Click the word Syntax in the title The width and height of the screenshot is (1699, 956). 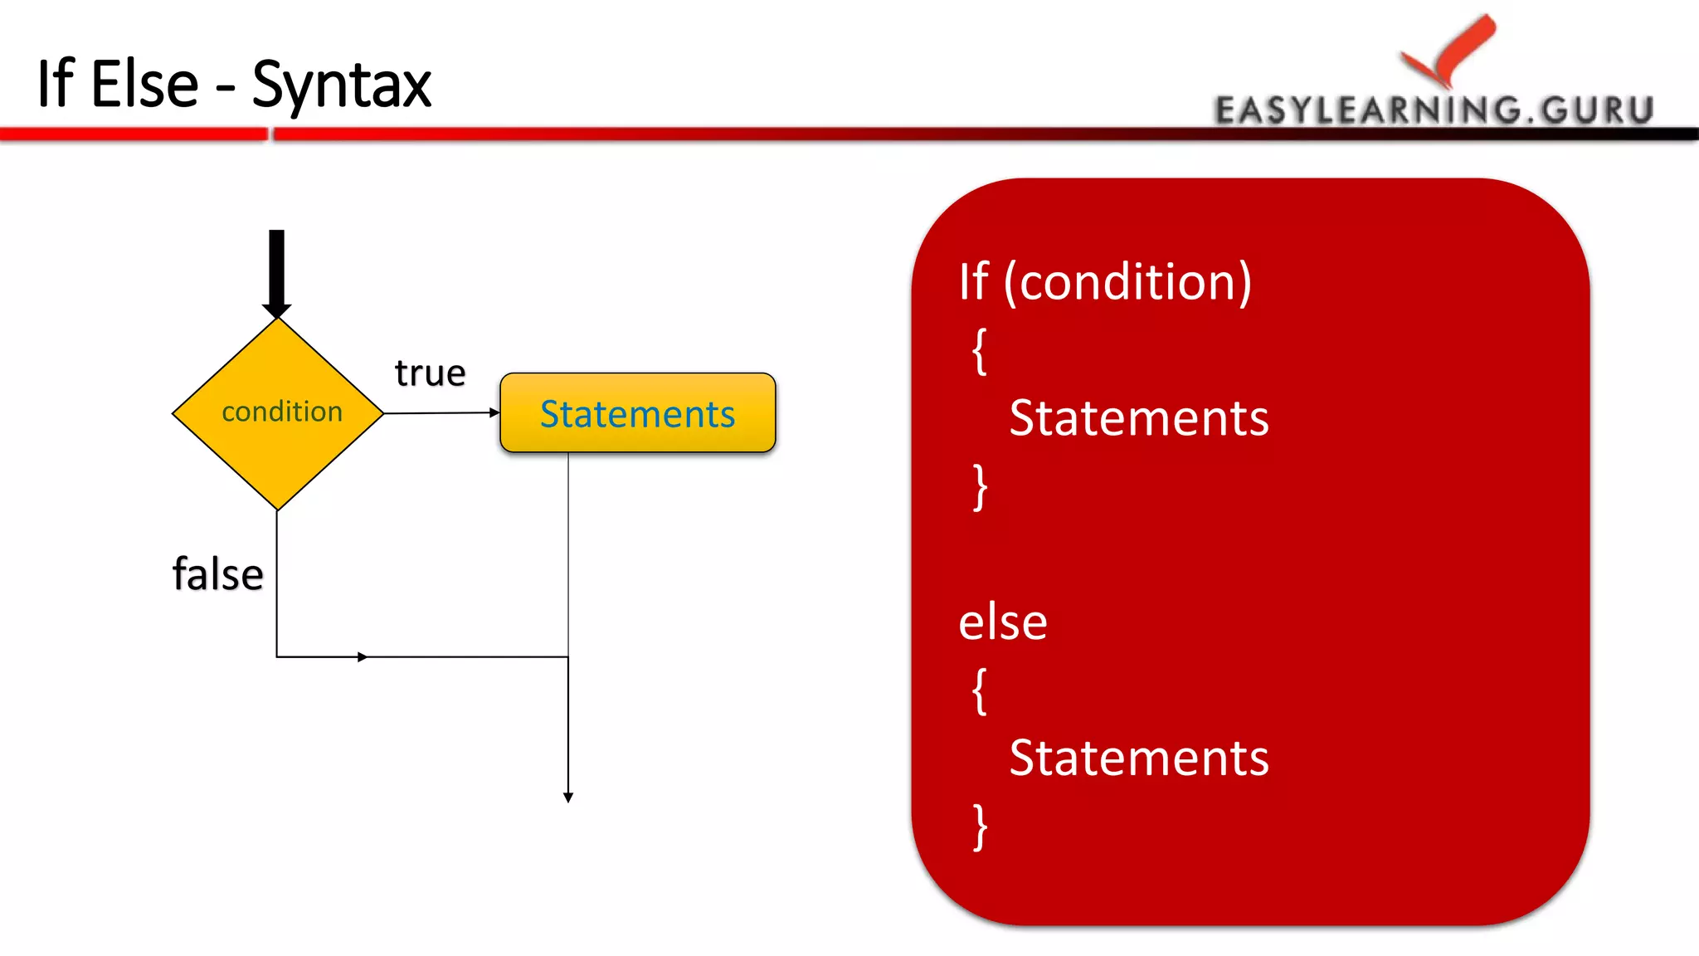[341, 85]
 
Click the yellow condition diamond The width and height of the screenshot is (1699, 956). [278, 412]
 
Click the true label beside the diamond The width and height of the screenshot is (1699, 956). [430, 373]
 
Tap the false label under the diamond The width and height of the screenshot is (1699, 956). [217, 574]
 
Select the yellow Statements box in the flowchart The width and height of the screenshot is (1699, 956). [637, 413]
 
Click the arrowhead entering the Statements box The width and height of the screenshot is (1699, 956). [495, 412]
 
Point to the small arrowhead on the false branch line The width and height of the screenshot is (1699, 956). [363, 657]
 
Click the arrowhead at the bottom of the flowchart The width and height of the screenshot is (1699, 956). [568, 797]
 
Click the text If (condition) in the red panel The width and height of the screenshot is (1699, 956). [1105, 282]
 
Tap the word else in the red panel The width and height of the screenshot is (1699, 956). [1002, 622]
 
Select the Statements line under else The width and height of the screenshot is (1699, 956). [1138, 758]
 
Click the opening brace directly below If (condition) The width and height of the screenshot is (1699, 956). [980, 351]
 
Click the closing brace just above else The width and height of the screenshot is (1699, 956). [980, 487]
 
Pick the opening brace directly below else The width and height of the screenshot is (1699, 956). [980, 690]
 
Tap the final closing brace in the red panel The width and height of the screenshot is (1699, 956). [980, 827]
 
